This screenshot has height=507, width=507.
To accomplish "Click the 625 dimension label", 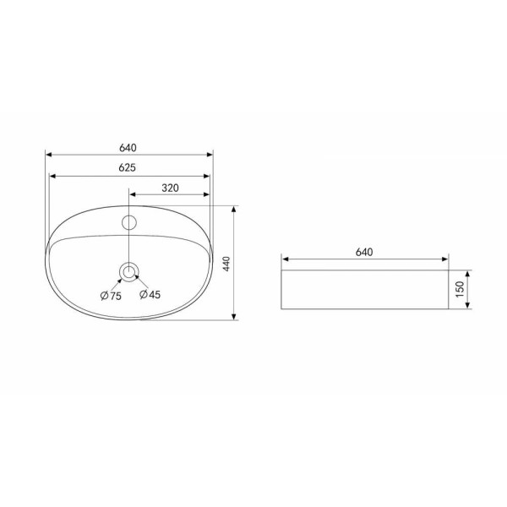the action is [128, 167].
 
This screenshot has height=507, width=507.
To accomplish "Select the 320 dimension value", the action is [170, 188].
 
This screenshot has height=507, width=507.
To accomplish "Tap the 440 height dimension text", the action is [226, 264].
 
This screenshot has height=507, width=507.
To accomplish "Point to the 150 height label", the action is [459, 289].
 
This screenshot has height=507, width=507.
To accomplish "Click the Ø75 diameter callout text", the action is [111, 296].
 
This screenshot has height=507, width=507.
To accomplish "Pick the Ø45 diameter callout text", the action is [150, 294].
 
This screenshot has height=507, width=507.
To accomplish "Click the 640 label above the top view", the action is [128, 148].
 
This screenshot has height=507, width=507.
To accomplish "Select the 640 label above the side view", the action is [364, 252].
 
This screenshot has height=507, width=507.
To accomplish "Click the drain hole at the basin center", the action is [129, 272].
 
